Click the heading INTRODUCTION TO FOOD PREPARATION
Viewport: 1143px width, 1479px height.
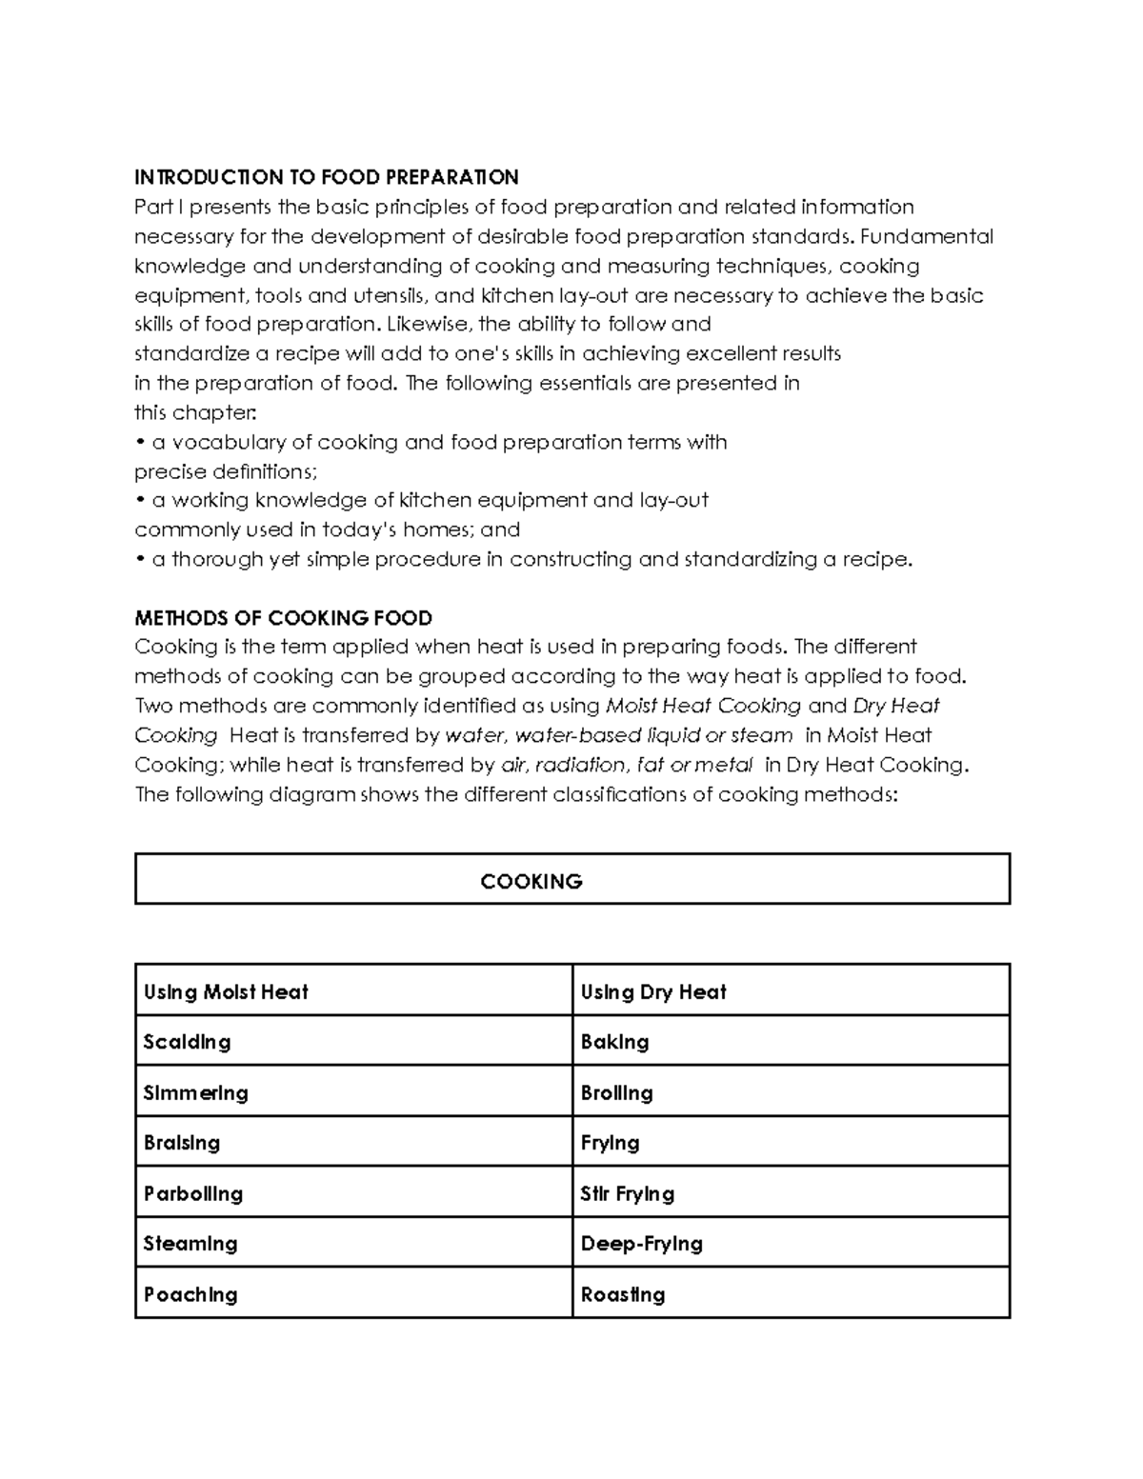[x=326, y=177]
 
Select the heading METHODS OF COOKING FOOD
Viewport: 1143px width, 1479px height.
[x=283, y=617]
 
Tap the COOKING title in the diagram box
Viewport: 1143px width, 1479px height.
[x=531, y=881]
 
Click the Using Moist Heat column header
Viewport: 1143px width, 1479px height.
[x=226, y=992]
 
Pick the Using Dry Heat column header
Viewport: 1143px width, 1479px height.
[x=653, y=992]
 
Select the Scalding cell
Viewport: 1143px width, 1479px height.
[x=187, y=1042]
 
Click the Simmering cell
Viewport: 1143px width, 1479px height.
[x=195, y=1093]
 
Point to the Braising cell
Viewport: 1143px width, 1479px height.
[x=181, y=1143]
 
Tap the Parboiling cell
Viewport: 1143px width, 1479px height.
[x=193, y=1194]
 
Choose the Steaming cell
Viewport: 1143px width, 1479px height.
[x=190, y=1244]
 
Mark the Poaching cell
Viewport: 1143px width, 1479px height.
[x=190, y=1294]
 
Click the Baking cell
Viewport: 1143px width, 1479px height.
[x=615, y=1042]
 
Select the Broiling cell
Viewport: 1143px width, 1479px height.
[x=617, y=1093]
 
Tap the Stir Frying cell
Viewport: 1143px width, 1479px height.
[x=628, y=1194]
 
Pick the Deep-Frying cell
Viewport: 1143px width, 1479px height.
[x=642, y=1244]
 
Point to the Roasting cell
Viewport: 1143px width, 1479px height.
[x=623, y=1294]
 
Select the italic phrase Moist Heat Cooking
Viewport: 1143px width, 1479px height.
[x=703, y=706]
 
